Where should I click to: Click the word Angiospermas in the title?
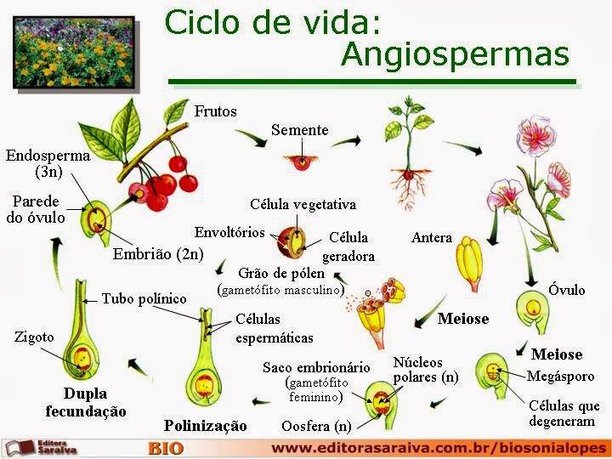[x=454, y=54]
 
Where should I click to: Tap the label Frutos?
[x=215, y=111]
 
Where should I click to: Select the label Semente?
[x=299, y=130]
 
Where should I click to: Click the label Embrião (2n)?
[x=159, y=253]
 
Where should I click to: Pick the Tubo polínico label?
[x=144, y=298]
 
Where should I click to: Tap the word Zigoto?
[x=34, y=337]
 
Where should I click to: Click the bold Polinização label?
[x=205, y=425]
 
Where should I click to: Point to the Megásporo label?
[x=560, y=376]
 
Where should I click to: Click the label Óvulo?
[x=566, y=290]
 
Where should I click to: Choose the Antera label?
[x=432, y=237]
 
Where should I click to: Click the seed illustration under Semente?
[x=300, y=160]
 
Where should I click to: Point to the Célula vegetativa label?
[x=303, y=205]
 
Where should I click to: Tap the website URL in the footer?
[x=439, y=447]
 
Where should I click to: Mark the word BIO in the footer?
[x=166, y=448]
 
